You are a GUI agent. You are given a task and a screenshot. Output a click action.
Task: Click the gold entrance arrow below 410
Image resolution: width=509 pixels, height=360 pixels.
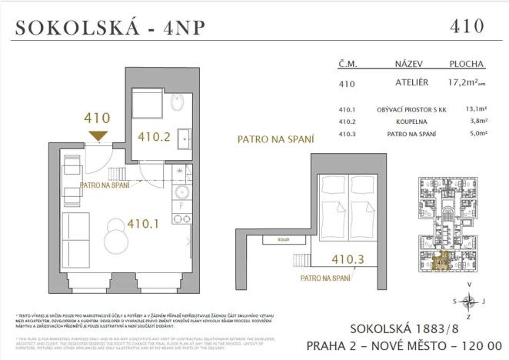97,136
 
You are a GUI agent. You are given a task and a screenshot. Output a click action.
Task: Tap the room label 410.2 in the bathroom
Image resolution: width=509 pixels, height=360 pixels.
153,138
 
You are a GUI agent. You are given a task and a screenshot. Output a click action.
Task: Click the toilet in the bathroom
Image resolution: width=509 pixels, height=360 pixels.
176,104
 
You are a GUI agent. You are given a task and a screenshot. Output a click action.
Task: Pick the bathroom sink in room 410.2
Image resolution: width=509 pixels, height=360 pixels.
185,139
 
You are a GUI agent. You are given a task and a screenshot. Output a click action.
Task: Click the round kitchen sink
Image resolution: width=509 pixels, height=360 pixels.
181,192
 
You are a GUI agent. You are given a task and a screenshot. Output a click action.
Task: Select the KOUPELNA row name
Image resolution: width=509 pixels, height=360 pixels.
410,121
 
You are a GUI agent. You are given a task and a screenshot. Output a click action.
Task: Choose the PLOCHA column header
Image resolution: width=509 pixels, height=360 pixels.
466,65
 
